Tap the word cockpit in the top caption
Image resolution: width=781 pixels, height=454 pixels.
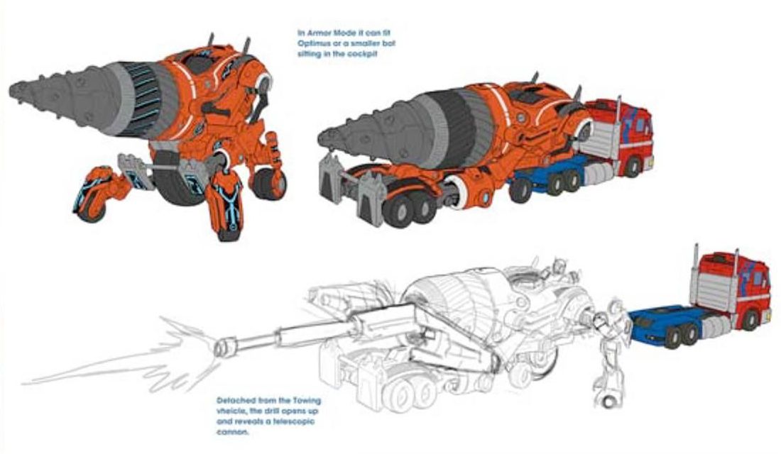tap(361, 53)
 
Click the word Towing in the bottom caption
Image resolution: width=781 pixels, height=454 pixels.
tap(297, 401)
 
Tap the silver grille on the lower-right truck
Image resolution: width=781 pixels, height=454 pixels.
tap(710, 291)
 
